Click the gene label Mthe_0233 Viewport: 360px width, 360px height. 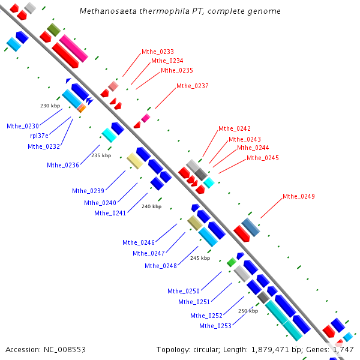pyautogui.click(x=158, y=52)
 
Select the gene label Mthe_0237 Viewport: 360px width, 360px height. pyautogui.click(x=193, y=86)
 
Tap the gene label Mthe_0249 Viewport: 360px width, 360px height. pyautogui.click(x=299, y=197)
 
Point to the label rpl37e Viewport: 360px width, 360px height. pyautogui.click(x=40, y=136)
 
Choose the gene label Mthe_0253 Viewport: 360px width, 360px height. pyautogui.click(x=215, y=326)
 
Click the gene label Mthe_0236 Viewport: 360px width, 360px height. pyautogui.click(x=63, y=165)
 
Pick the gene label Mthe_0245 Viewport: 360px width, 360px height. pyautogui.click(x=263, y=158)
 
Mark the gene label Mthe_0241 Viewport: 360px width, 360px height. pyautogui.click(x=110, y=213)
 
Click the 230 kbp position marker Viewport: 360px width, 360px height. pyautogui.click(x=50, y=106)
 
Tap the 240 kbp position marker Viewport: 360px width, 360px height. pyautogui.click(x=151, y=206)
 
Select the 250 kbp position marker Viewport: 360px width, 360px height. pyautogui.click(x=248, y=311)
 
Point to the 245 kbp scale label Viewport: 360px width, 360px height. pyautogui.click(x=200, y=258)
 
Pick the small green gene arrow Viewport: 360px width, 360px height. pyautogui.click(x=231, y=262)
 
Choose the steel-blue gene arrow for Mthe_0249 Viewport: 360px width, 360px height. pyautogui.click(x=250, y=227)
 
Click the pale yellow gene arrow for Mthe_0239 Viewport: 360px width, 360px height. pyautogui.click(x=134, y=161)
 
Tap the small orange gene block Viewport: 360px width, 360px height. pyautogui.click(x=81, y=108)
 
